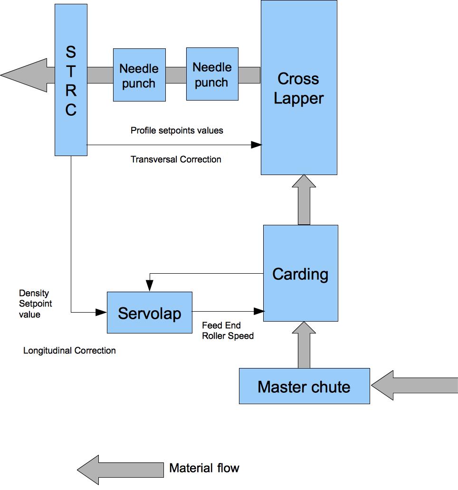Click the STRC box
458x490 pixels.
71,80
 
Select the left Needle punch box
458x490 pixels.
139,75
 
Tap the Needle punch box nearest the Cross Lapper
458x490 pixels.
212,74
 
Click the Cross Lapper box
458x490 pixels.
299,88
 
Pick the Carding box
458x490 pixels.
300,273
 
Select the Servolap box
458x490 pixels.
149,313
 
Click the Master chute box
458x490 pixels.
304,386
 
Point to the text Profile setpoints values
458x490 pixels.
177,130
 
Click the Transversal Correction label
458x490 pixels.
176,159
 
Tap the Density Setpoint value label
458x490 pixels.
35,304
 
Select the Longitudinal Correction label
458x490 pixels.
69,351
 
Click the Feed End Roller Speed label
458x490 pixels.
228,331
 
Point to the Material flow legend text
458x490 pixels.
204,468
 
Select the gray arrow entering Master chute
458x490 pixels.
414,386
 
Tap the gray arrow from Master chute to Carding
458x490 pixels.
304,345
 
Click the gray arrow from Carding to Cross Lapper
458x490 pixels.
304,200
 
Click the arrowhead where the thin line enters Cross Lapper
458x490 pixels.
257,144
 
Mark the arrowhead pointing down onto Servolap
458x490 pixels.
150,286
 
